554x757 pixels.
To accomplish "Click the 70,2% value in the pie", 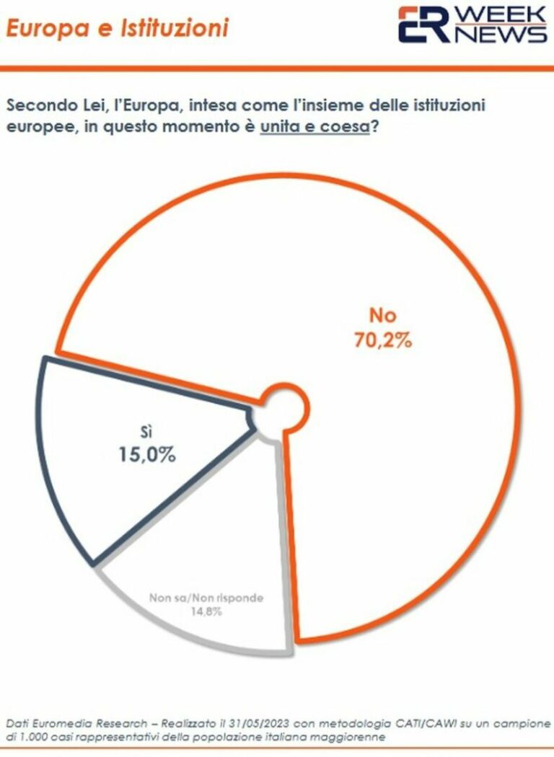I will [x=382, y=340].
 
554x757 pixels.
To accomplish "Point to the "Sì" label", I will [x=148, y=432].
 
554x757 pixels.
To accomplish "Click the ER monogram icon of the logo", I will [x=425, y=25].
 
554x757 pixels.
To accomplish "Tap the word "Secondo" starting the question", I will [x=41, y=105].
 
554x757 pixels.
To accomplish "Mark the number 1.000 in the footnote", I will [x=34, y=738].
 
